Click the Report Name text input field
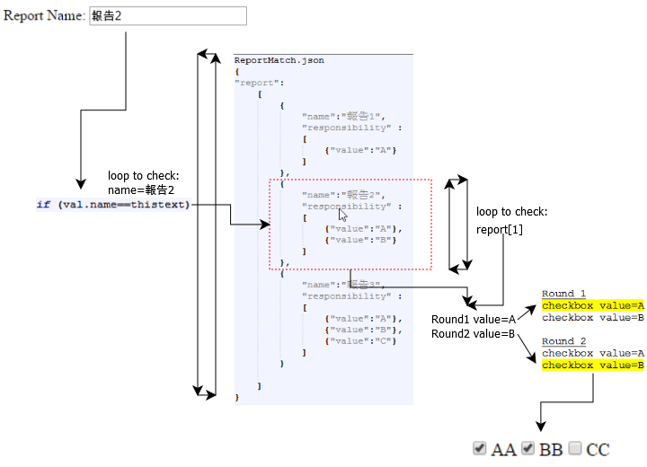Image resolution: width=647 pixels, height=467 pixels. tap(167, 16)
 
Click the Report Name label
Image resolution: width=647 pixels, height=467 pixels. tap(44, 16)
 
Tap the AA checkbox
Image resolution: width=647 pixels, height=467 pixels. tap(480, 447)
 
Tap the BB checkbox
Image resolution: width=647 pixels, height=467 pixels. tap(527, 447)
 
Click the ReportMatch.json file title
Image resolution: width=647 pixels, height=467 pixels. tap(279, 60)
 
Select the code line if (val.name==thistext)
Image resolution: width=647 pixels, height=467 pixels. tap(112, 204)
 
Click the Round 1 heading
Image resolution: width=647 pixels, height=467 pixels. tap(563, 294)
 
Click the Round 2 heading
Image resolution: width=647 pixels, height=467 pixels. tap(563, 341)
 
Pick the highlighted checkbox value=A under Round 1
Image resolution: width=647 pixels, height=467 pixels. tap(592, 305)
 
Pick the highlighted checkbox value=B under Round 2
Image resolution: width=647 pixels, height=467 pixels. tap(592, 365)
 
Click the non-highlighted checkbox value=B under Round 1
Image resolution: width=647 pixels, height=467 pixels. tap(592, 317)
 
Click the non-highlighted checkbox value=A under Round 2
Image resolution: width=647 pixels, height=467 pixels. tap(592, 353)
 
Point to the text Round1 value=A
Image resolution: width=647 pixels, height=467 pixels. tap(473, 320)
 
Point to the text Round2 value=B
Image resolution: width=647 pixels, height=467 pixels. tap(473, 334)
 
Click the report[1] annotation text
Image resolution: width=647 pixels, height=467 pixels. tap(500, 229)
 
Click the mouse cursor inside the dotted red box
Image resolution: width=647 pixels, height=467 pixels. tap(341, 215)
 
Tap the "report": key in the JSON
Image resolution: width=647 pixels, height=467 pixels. tap(259, 83)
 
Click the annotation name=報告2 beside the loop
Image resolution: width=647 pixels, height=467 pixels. tap(141, 189)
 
